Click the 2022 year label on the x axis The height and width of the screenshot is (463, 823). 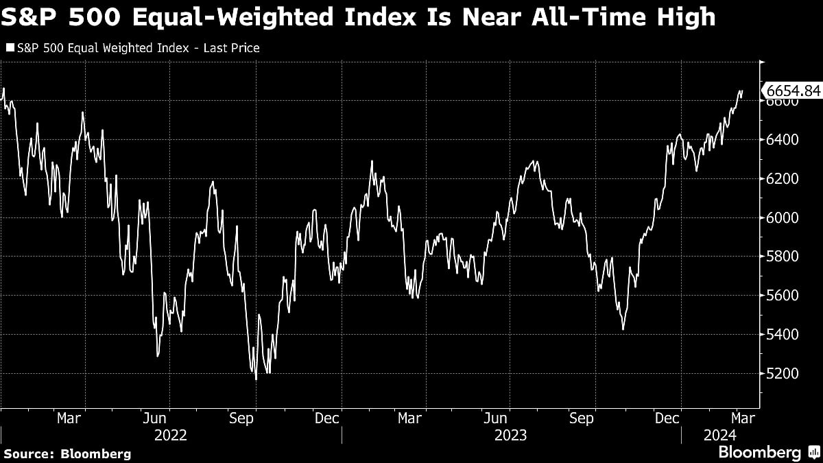(x=170, y=435)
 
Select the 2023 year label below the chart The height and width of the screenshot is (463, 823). (x=510, y=435)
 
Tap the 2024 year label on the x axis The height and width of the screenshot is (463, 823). (x=719, y=435)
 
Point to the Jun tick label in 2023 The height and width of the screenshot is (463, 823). (x=496, y=418)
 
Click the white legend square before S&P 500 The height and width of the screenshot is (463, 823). (x=10, y=48)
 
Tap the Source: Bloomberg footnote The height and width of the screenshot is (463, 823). (x=67, y=453)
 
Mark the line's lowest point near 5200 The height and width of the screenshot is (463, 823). (x=256, y=379)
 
